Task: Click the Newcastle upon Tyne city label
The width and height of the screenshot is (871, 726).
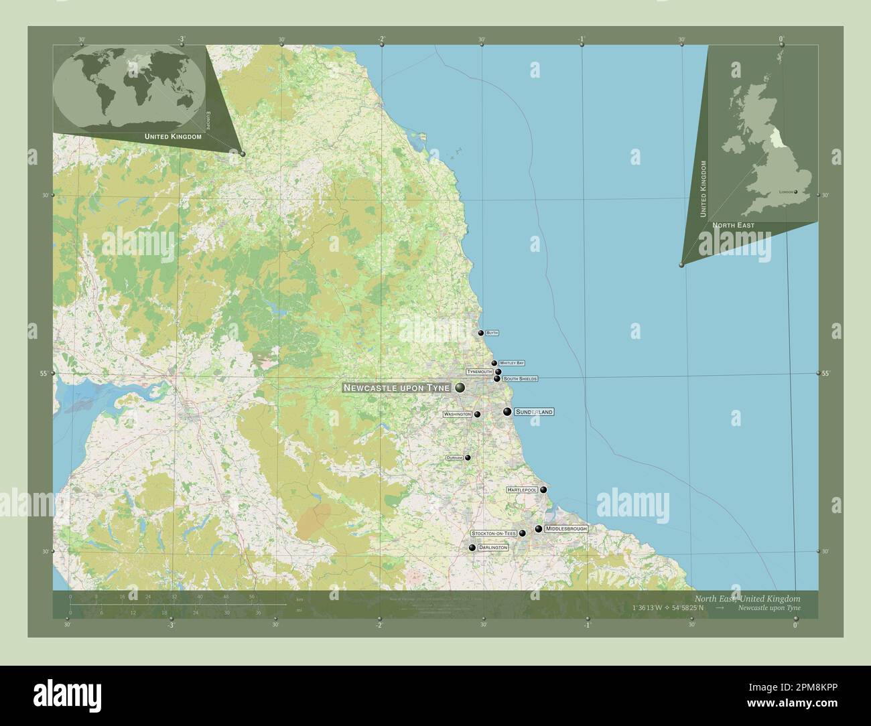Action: (x=396, y=388)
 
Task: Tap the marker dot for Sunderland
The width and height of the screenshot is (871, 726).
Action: (x=507, y=412)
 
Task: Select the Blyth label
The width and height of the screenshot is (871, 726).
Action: (x=492, y=332)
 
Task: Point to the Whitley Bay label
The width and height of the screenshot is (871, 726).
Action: (x=511, y=363)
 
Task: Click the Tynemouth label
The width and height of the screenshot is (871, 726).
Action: (x=480, y=371)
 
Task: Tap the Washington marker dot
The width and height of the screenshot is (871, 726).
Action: (x=477, y=415)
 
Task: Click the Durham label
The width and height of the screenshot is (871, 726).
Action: (x=454, y=457)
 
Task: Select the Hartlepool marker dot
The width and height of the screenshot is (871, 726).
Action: (x=543, y=490)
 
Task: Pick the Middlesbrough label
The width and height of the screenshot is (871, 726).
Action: (x=566, y=529)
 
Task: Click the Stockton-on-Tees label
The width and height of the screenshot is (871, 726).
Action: (x=494, y=533)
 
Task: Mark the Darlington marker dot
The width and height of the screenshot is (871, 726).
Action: (x=472, y=548)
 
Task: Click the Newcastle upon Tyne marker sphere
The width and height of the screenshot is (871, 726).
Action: (x=460, y=388)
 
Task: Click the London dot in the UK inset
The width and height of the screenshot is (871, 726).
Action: (x=796, y=192)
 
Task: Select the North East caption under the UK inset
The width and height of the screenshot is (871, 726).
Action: (x=733, y=226)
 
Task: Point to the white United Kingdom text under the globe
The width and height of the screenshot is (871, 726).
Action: (x=173, y=137)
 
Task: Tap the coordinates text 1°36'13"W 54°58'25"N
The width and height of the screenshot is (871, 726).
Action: (x=667, y=608)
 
